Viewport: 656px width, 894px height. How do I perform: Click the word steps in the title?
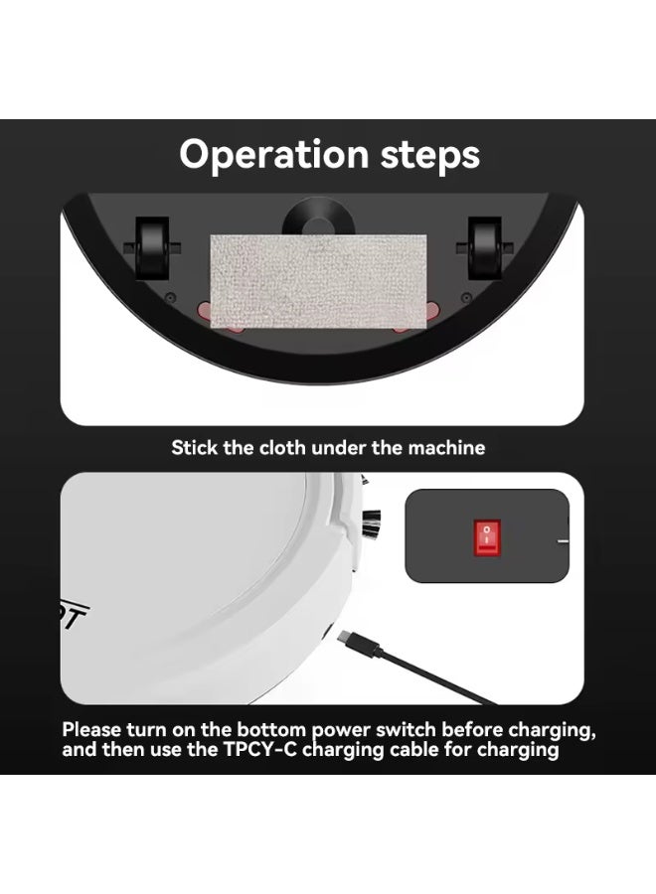click(426, 155)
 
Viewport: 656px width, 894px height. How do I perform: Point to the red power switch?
click(487, 539)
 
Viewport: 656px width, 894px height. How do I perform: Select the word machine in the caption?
click(444, 447)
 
